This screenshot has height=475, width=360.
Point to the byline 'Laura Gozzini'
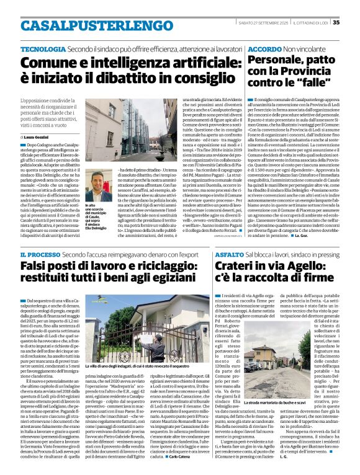click(41, 135)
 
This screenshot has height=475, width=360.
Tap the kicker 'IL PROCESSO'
click(39, 254)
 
